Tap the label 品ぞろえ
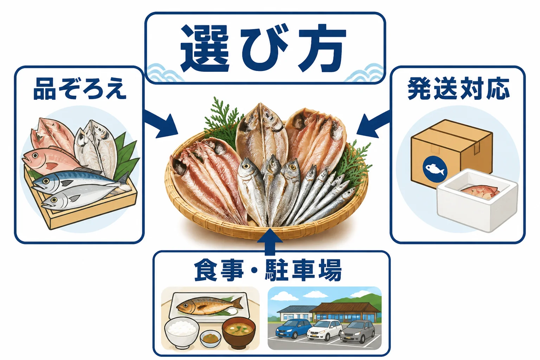[80, 89]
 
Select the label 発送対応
[458, 89]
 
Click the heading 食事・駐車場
[268, 270]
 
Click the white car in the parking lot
[325, 330]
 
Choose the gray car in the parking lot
[358, 332]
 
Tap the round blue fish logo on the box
[435, 169]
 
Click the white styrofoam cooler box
[477, 200]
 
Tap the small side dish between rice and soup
[211, 339]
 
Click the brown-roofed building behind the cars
[345, 311]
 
